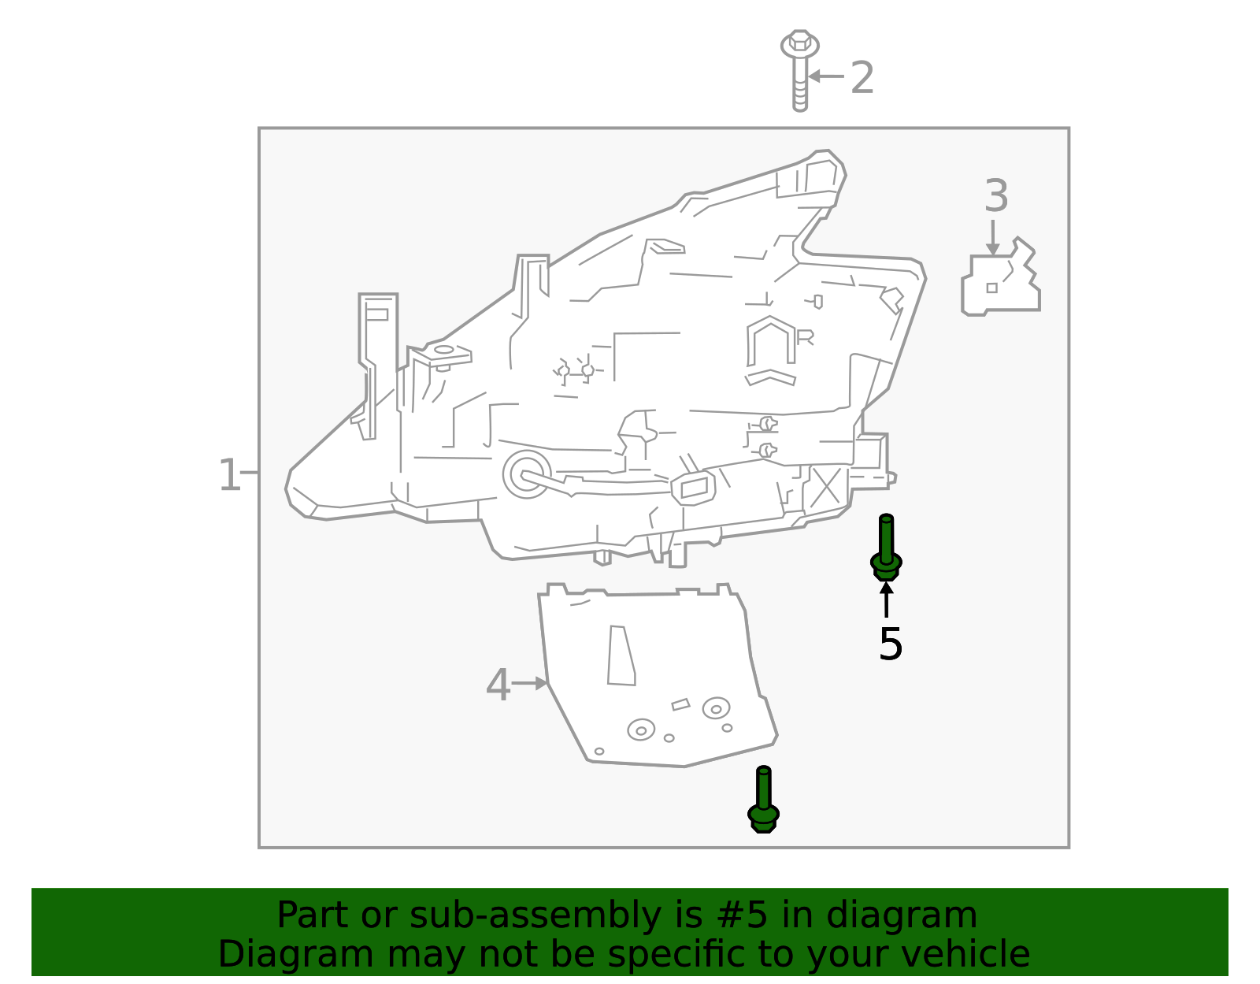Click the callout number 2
[862, 78]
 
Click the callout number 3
[996, 196]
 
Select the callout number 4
[498, 685]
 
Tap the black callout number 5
[890, 644]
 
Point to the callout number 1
[228, 475]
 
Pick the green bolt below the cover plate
[763, 800]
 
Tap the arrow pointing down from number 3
[993, 237]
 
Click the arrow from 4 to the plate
[530, 683]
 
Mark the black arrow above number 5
[887, 599]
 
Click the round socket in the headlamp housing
[525, 474]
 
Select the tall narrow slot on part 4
[621, 655]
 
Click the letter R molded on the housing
[805, 337]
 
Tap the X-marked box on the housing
[825, 487]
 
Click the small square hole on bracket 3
[991, 288]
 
